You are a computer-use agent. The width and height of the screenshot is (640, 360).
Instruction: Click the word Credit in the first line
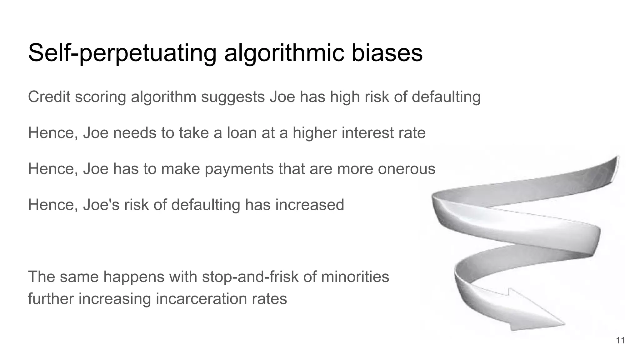(49, 97)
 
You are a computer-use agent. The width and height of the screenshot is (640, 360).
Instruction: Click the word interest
(363, 132)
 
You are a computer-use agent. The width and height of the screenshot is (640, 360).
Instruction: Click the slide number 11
(620, 340)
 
